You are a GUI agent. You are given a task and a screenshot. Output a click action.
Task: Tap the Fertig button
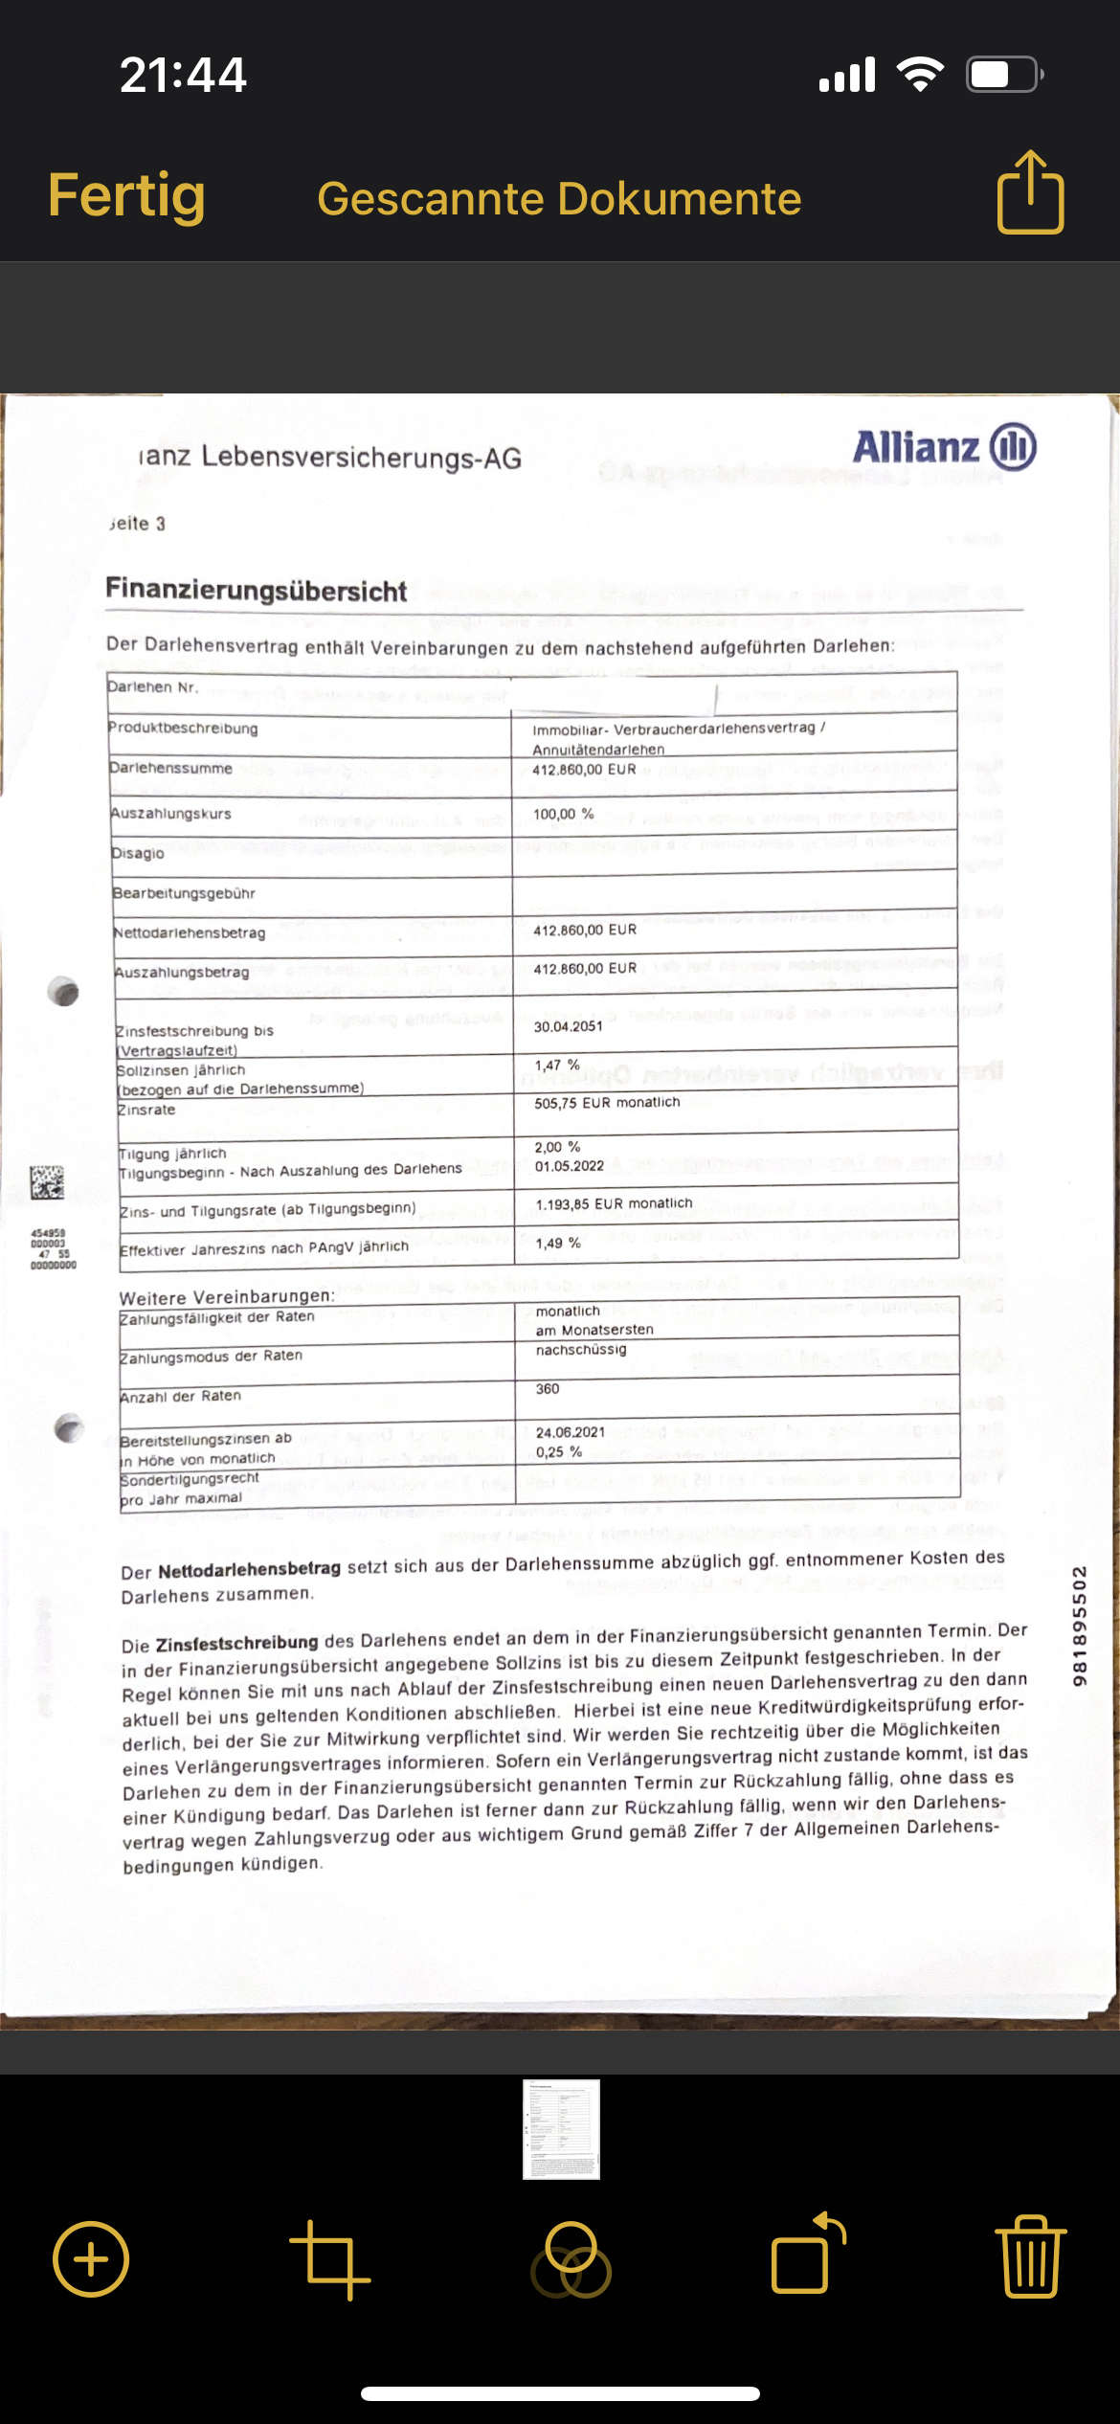pyautogui.click(x=126, y=196)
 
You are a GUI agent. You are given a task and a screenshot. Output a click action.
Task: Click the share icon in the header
pyautogui.click(x=1030, y=193)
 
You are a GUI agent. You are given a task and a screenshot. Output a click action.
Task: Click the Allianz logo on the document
pyautogui.click(x=944, y=448)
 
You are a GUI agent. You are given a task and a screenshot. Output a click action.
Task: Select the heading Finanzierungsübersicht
pyautogui.click(x=257, y=590)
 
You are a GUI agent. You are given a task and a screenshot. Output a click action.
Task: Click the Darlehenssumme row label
pyautogui.click(x=170, y=769)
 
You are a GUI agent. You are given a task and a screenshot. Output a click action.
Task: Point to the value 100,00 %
pyautogui.click(x=563, y=815)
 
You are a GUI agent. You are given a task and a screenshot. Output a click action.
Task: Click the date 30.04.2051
pyautogui.click(x=569, y=1026)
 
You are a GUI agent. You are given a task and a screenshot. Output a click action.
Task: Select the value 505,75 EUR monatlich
pyautogui.click(x=607, y=1103)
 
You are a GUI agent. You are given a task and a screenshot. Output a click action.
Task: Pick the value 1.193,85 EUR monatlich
pyautogui.click(x=614, y=1204)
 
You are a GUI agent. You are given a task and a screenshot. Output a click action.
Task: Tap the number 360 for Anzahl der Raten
pyautogui.click(x=548, y=1389)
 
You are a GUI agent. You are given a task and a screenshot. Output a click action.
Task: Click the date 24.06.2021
pyautogui.click(x=571, y=1432)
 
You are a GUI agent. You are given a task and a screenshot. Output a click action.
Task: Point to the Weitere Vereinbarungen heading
pyautogui.click(x=227, y=1297)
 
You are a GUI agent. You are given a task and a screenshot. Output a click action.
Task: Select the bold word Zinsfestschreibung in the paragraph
pyautogui.click(x=236, y=1644)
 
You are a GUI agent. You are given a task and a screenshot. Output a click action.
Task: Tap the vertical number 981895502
pyautogui.click(x=1080, y=1626)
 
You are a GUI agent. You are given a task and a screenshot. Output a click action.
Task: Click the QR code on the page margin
pyautogui.click(x=47, y=1182)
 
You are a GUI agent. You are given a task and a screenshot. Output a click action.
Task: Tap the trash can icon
pyautogui.click(x=1031, y=2257)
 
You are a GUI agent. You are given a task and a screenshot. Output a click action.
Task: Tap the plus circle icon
pyautogui.click(x=91, y=2259)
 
